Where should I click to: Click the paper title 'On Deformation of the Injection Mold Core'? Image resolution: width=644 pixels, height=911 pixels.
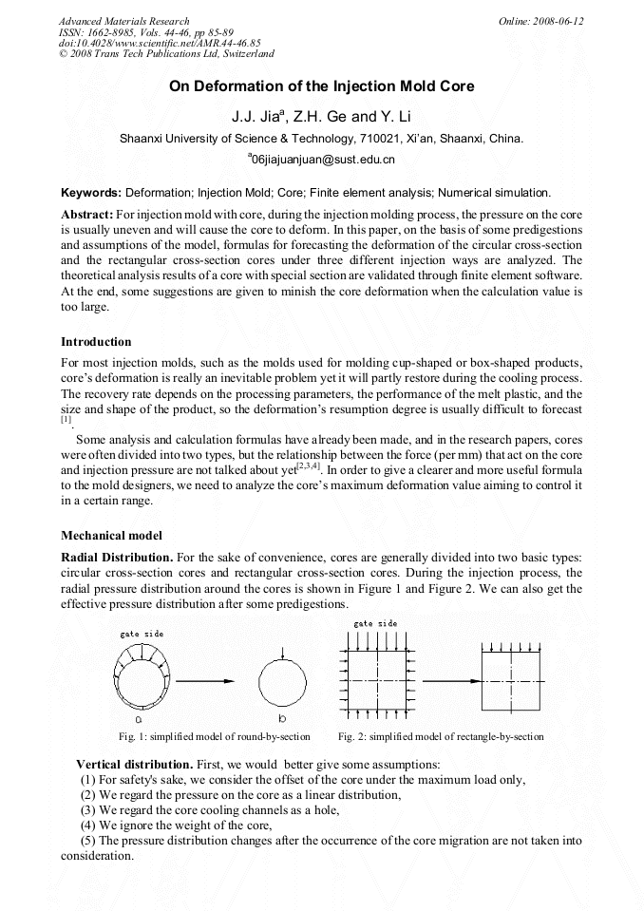(321, 86)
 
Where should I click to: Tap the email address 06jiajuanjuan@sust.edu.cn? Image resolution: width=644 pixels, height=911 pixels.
(321, 160)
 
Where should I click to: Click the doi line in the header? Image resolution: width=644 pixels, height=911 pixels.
(160, 43)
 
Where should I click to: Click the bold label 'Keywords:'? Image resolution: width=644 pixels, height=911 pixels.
(91, 193)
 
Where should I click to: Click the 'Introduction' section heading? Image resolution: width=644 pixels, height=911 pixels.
(96, 342)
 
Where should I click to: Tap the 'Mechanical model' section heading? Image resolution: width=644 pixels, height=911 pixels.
(111, 535)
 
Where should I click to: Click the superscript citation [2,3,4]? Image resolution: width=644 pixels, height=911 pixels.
(309, 465)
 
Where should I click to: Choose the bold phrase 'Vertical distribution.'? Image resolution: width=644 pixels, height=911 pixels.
(135, 764)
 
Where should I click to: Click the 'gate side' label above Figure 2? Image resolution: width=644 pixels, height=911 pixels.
(375, 624)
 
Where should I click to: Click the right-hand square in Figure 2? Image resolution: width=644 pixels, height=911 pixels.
(511, 681)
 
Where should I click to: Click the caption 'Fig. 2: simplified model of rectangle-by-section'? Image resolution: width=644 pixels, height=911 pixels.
(441, 737)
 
